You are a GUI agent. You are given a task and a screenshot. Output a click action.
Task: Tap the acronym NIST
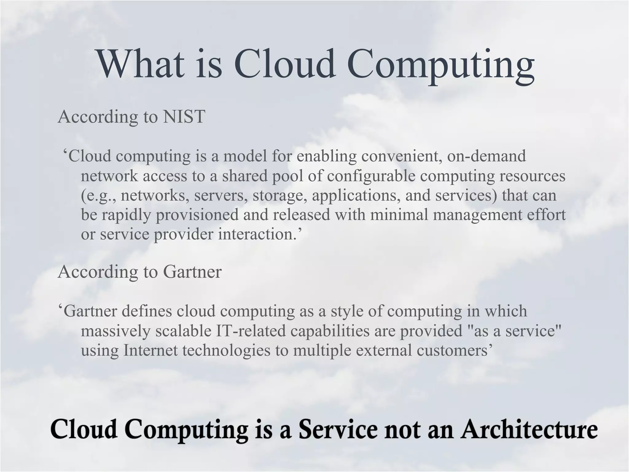(184, 117)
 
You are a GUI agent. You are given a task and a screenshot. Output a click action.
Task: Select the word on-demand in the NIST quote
(486, 156)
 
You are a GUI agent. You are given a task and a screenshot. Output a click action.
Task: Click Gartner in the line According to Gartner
(192, 272)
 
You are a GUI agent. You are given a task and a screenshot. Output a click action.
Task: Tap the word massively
(115, 331)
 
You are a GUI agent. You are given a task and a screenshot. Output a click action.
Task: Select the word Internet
(150, 350)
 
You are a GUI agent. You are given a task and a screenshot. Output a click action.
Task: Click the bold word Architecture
(529, 429)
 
